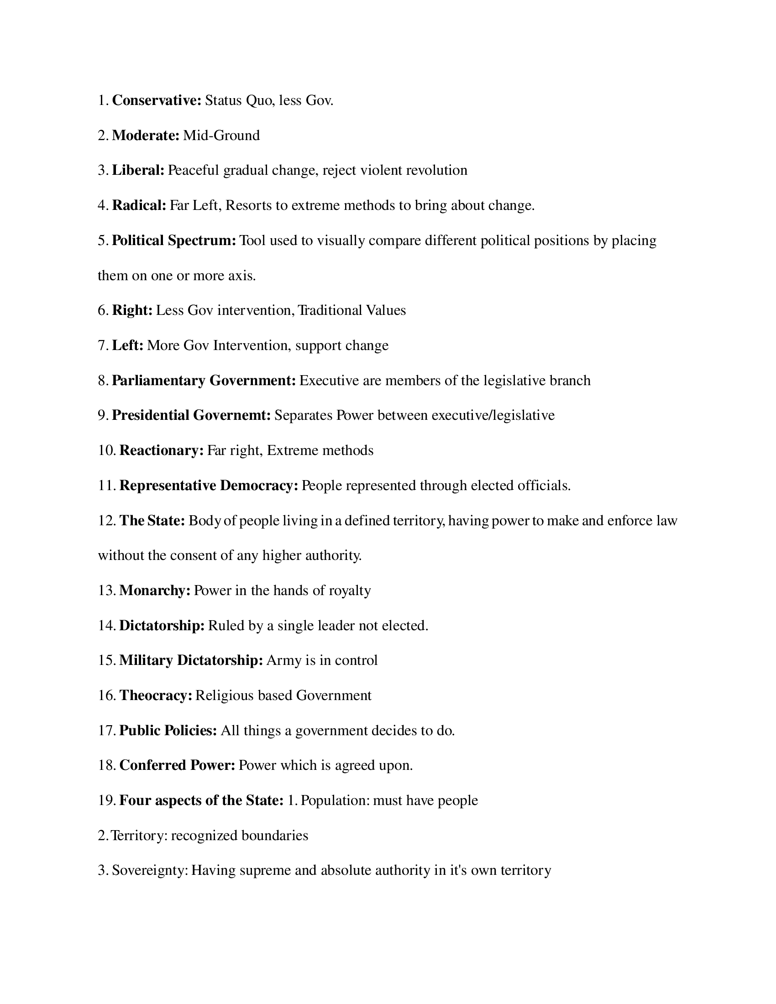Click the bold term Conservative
tap(156, 100)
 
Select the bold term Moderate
tap(145, 135)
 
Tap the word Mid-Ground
tap(221, 135)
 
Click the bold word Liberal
tap(138, 170)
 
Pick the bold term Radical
tap(139, 205)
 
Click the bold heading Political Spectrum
tap(174, 241)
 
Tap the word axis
tap(242, 275)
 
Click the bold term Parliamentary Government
tap(204, 381)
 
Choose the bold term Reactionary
tap(161, 450)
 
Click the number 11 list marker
tap(106, 486)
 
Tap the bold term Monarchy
tap(154, 590)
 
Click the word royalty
tap(349, 590)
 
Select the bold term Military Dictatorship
tap(191, 660)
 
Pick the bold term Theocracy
tap(155, 695)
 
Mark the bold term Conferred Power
tap(177, 765)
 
